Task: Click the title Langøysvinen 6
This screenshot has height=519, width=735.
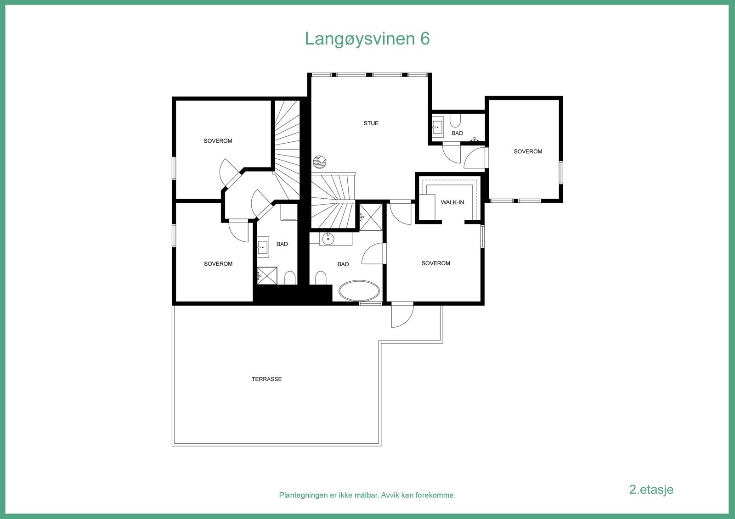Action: coord(367,39)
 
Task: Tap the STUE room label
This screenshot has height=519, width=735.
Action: coord(371,123)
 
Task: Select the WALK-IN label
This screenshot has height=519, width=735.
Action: coord(452,202)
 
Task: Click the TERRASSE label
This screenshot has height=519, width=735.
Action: coord(266,379)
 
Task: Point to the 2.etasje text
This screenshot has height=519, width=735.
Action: coord(651,489)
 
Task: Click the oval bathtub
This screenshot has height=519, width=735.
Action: coord(359,291)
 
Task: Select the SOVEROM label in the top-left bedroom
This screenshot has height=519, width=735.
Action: coord(218,141)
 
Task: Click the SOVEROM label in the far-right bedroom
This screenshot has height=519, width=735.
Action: coord(528,151)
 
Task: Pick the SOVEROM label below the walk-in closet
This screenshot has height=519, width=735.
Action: coord(435,263)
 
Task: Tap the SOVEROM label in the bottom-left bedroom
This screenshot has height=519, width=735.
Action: coord(218,264)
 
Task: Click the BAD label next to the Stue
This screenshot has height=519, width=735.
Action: coord(457,133)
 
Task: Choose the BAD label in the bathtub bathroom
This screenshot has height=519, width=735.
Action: coord(343,264)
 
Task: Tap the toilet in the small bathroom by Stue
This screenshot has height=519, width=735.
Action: coord(455,121)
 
